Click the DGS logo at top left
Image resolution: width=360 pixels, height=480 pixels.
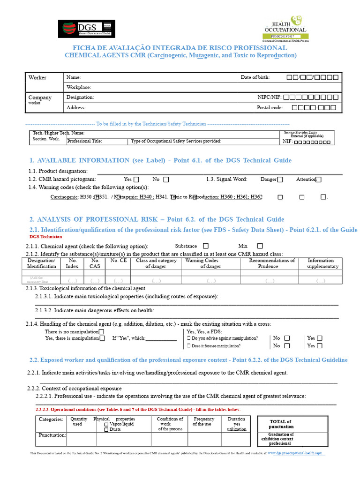pyautogui.click(x=86, y=29)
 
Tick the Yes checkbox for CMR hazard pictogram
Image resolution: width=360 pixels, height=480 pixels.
pyautogui.click(x=136, y=179)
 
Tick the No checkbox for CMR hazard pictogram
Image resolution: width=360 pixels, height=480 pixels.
pyautogui.click(x=166, y=179)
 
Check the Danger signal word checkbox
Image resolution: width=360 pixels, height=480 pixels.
pyautogui.click(x=280, y=179)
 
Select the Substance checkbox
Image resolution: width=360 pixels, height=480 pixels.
pyautogui.click(x=205, y=246)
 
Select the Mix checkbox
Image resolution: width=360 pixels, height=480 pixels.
pyautogui.click(x=260, y=246)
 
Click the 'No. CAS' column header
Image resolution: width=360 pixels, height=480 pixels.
pyautogui.click(x=95, y=263)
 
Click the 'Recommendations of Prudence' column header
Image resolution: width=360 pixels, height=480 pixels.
pyautogui.click(x=271, y=263)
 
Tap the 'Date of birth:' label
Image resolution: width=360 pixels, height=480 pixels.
pyautogui.click(x=255, y=77)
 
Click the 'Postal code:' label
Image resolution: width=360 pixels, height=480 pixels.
pyautogui.click(x=270, y=108)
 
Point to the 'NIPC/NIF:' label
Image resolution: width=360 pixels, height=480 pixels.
pyautogui.click(x=269, y=97)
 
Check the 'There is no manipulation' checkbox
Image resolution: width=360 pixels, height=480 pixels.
pyautogui.click(x=101, y=332)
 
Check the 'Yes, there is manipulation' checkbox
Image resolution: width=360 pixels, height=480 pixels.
pyautogui.click(x=102, y=338)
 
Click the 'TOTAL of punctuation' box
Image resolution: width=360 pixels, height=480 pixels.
pyautogui.click(x=281, y=424)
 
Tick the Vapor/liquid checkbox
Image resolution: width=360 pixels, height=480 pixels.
pyautogui.click(x=106, y=424)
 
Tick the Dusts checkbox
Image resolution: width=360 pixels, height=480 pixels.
pyautogui.click(x=106, y=429)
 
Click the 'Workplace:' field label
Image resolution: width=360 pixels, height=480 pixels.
pyautogui.click(x=79, y=87)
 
